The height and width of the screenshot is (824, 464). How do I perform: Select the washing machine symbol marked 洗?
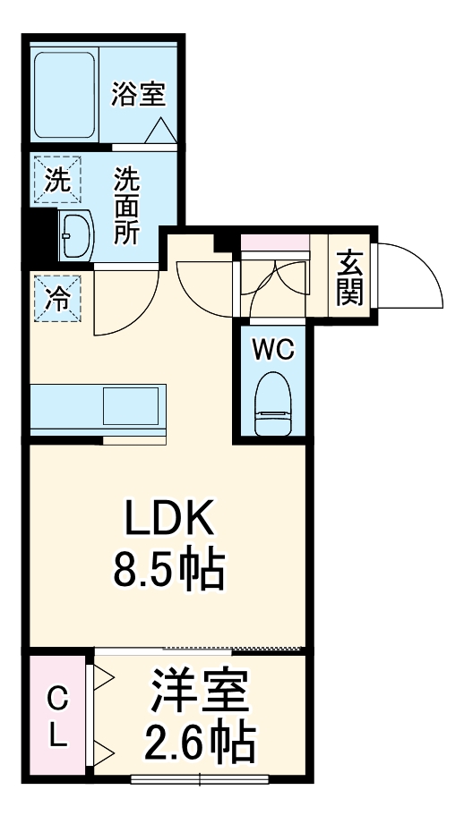pyautogui.click(x=56, y=180)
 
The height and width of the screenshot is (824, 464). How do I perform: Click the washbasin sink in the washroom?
pyautogui.click(x=75, y=236)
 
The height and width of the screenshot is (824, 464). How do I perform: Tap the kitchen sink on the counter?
pyautogui.click(x=132, y=406)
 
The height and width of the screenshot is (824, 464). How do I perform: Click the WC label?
pyautogui.click(x=272, y=350)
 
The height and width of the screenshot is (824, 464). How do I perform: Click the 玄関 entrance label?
pyautogui.click(x=349, y=277)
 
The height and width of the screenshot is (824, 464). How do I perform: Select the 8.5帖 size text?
pyautogui.click(x=168, y=571)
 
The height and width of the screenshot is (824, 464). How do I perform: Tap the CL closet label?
pyautogui.click(x=56, y=716)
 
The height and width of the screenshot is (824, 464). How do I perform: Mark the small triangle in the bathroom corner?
pyautogui.click(x=161, y=132)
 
